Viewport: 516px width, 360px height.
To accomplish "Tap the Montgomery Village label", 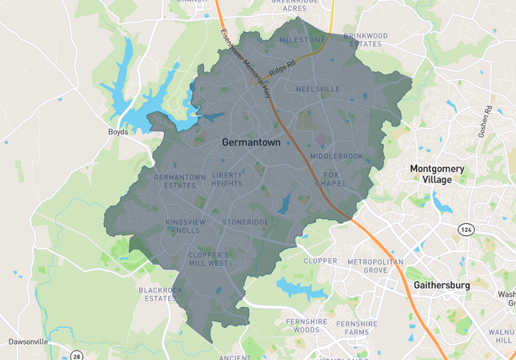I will click(x=442, y=174).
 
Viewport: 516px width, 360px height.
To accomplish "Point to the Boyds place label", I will click(x=118, y=133).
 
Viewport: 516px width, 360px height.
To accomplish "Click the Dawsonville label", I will click(x=29, y=342).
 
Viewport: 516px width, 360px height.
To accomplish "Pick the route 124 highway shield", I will click(x=465, y=230).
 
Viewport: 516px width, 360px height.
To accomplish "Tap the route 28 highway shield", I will click(x=76, y=355).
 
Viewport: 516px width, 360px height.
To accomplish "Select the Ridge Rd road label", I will click(x=282, y=66).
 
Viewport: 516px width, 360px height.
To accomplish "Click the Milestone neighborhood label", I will click(x=302, y=40).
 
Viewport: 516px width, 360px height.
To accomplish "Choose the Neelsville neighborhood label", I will click(x=318, y=89).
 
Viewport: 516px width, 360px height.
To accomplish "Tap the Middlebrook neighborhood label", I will click(x=336, y=156).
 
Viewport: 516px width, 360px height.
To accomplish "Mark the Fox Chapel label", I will click(x=330, y=178).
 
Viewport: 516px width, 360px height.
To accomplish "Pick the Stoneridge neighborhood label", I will click(x=246, y=222).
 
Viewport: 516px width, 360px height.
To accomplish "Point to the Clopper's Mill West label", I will click(x=208, y=258).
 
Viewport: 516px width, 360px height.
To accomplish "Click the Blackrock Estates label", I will click(x=161, y=294).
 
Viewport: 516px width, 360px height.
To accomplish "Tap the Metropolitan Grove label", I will click(x=375, y=266).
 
